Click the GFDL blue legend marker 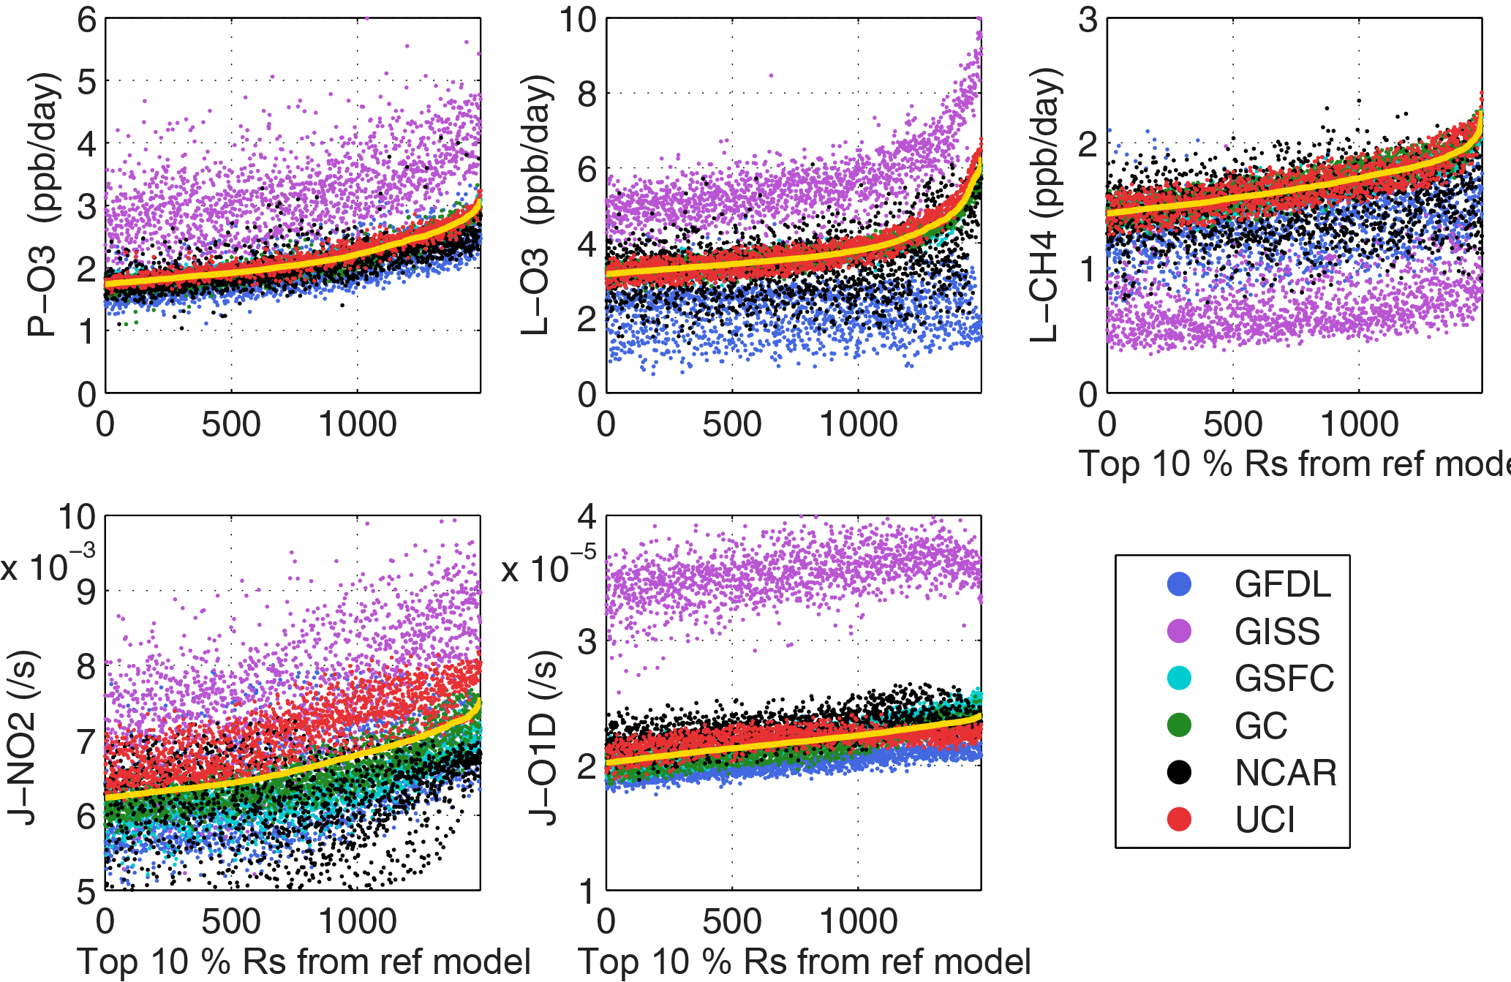pyautogui.click(x=1179, y=583)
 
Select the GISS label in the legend pyautogui.click(x=1277, y=631)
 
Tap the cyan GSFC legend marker pyautogui.click(x=1179, y=678)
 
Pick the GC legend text pyautogui.click(x=1261, y=725)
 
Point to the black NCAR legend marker pyautogui.click(x=1179, y=772)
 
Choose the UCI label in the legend pyautogui.click(x=1265, y=820)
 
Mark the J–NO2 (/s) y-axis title pyautogui.click(x=22, y=739)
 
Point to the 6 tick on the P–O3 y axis pyautogui.click(x=87, y=20)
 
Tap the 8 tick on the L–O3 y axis pyautogui.click(x=587, y=94)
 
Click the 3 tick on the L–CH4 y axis pyautogui.click(x=1088, y=20)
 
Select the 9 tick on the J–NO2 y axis pyautogui.click(x=86, y=592)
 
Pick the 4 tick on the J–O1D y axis pyautogui.click(x=587, y=517)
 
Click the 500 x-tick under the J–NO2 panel pyautogui.click(x=231, y=921)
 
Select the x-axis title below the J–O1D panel pyautogui.click(x=804, y=962)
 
